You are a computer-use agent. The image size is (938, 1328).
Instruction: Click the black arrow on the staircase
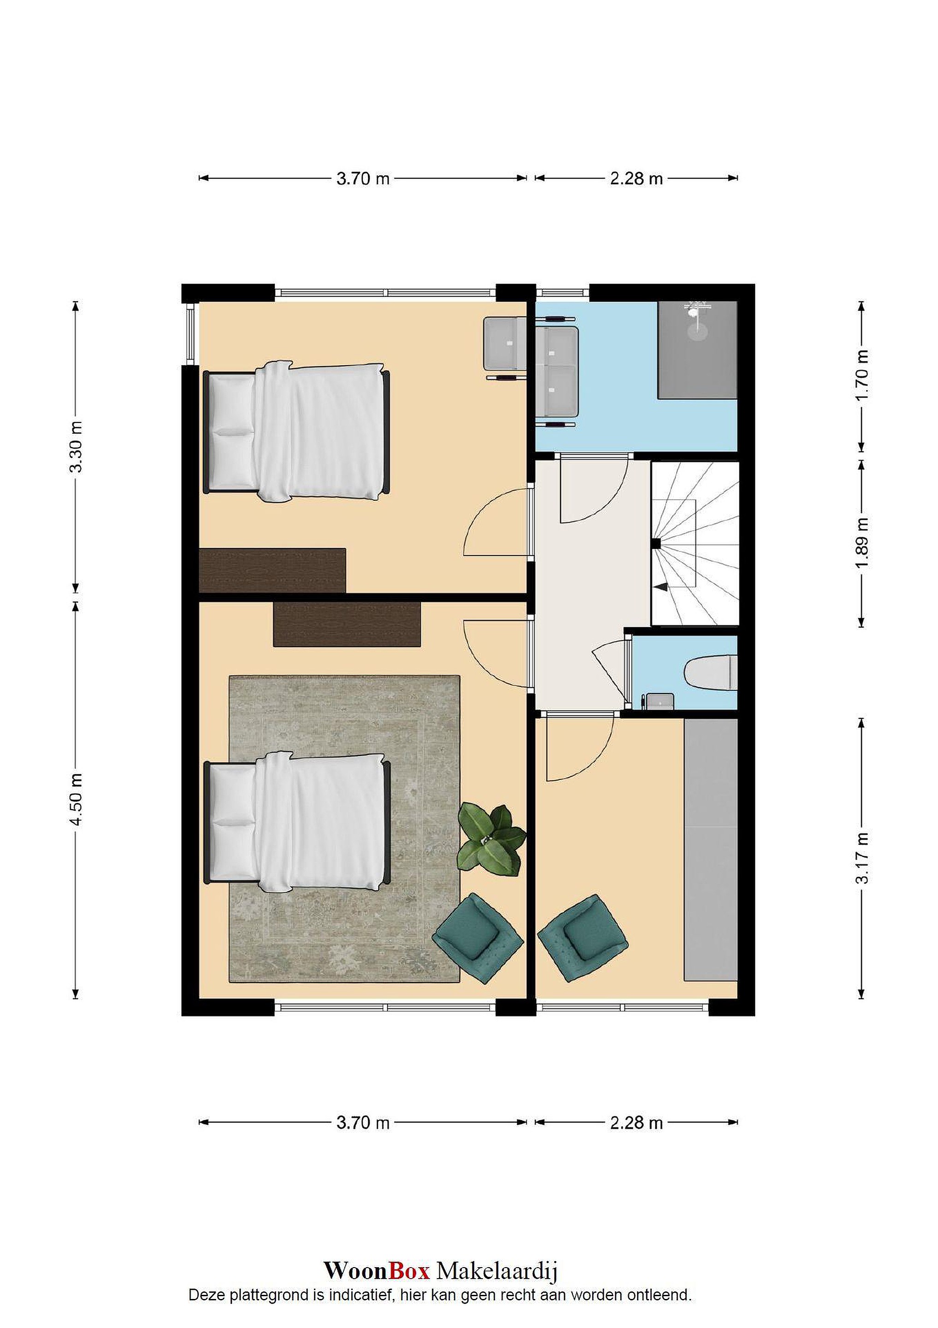click(x=661, y=587)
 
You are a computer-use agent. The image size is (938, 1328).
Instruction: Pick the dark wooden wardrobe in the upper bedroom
click(x=272, y=570)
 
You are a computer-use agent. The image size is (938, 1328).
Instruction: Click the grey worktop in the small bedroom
click(x=711, y=850)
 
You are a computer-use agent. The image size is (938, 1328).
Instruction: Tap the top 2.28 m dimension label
click(x=636, y=178)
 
